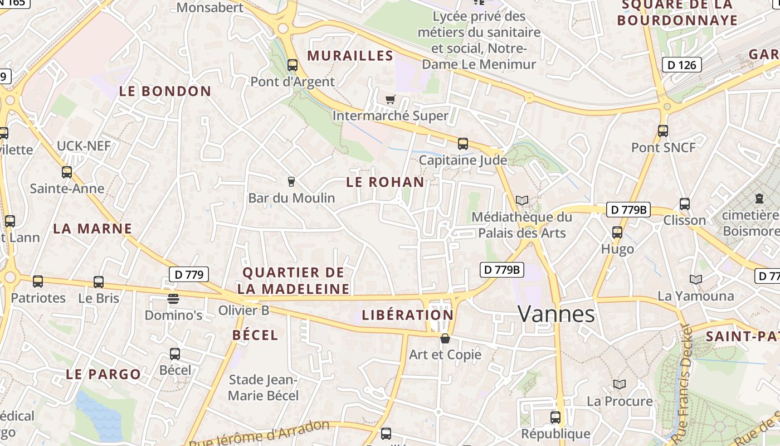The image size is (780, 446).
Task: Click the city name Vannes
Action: pyautogui.click(x=556, y=314)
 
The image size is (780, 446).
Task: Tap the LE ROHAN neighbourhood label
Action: pyautogui.click(x=385, y=182)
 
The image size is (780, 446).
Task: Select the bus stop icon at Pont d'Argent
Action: pyautogui.click(x=292, y=65)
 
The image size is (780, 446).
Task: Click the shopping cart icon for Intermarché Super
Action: pyautogui.click(x=391, y=100)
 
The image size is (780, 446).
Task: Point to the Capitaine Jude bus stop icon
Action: pyautogui.click(x=463, y=144)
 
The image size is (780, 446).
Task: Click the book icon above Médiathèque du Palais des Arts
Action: pyautogui.click(x=521, y=200)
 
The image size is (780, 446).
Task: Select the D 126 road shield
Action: pyautogui.click(x=681, y=65)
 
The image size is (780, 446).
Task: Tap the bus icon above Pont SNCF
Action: pyautogui.click(x=663, y=131)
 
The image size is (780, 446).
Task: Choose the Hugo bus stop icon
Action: pyautogui.click(x=617, y=232)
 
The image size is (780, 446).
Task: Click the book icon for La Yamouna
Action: pyautogui.click(x=695, y=279)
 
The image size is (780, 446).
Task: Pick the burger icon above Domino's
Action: pyautogui.click(x=173, y=299)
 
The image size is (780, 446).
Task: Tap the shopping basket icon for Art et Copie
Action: pyautogui.click(x=445, y=338)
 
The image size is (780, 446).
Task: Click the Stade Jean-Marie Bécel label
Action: pyautogui.click(x=264, y=387)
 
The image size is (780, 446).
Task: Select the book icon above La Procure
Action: pyautogui.click(x=620, y=384)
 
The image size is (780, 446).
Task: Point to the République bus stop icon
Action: pyautogui.click(x=555, y=417)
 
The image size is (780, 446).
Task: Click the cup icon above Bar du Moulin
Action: pyautogui.click(x=291, y=181)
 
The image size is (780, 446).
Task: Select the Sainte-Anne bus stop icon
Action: pyautogui.click(x=67, y=172)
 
